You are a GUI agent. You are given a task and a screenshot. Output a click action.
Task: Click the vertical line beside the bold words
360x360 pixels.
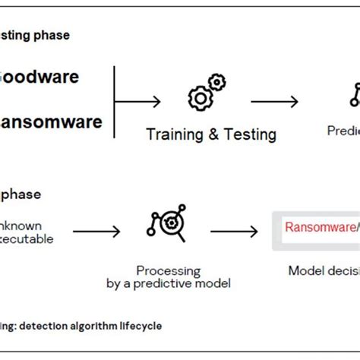click(x=114, y=93)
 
